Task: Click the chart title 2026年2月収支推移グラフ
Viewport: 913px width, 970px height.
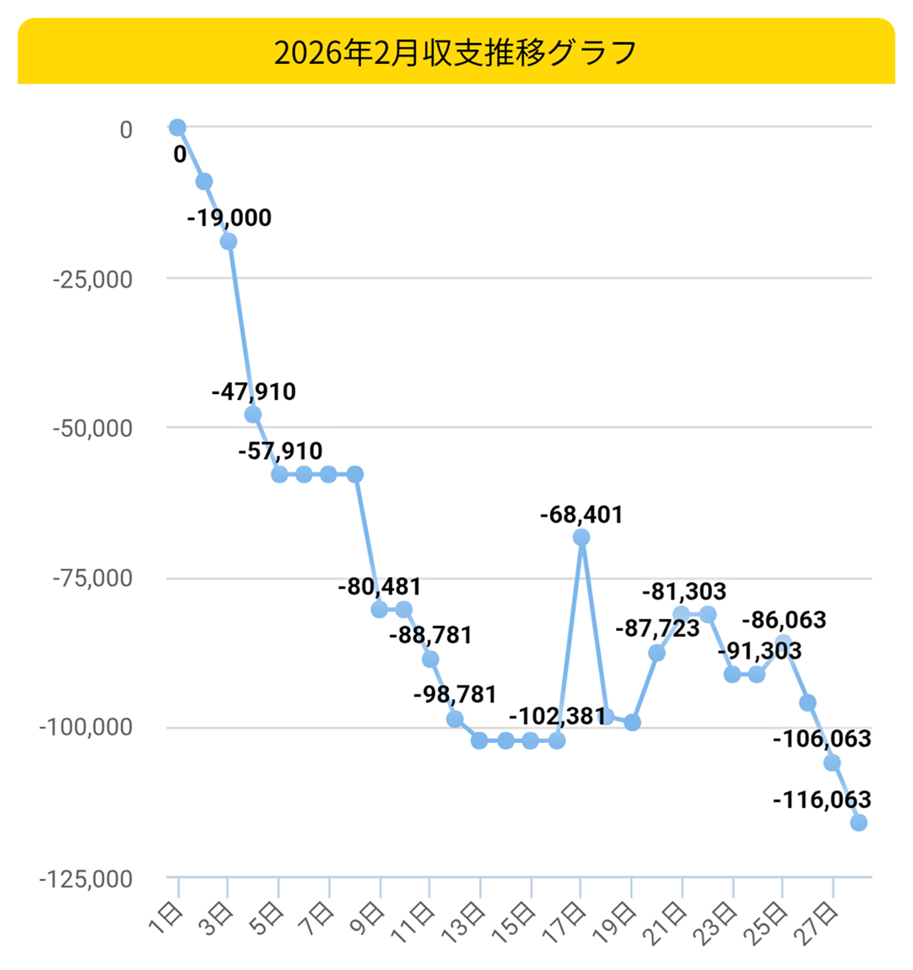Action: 456,52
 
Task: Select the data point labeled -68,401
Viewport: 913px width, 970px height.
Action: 581,537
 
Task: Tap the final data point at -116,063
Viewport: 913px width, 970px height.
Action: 858,822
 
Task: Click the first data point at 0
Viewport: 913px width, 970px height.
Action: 177,127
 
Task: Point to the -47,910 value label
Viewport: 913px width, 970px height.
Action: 253,391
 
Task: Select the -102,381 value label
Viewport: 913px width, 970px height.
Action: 557,716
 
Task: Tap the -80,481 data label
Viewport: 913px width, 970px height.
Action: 379,586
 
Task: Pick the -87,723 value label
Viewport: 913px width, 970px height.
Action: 657,628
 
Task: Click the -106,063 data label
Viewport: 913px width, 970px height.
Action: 822,739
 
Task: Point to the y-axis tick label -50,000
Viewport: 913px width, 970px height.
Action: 93,428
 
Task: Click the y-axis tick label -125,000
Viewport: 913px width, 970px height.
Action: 86,879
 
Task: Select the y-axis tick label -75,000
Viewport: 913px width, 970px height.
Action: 93,579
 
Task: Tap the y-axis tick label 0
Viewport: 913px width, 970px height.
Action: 126,130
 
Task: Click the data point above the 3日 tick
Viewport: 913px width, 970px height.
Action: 228,242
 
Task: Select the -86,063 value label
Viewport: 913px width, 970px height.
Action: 784,620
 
